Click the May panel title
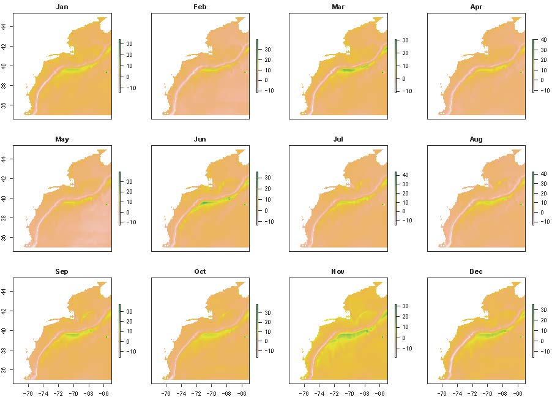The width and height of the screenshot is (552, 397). point(62,139)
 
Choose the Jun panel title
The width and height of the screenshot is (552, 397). point(200,139)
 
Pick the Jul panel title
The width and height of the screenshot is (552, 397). point(338,139)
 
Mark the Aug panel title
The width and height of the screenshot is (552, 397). point(476,139)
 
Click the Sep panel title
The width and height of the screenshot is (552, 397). point(62,271)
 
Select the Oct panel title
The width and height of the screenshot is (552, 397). point(200,271)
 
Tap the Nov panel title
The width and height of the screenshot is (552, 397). point(338,271)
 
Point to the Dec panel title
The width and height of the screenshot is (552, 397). point(476,271)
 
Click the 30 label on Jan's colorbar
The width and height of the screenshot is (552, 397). point(130,44)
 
